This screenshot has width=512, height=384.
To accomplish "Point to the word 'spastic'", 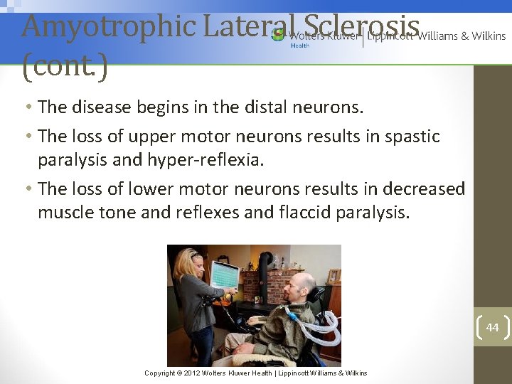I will pyautogui.click(x=412, y=136).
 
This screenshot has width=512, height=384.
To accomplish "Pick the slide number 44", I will pyautogui.click(x=492, y=327).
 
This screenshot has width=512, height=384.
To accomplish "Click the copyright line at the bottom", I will pyautogui.click(x=255, y=373).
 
